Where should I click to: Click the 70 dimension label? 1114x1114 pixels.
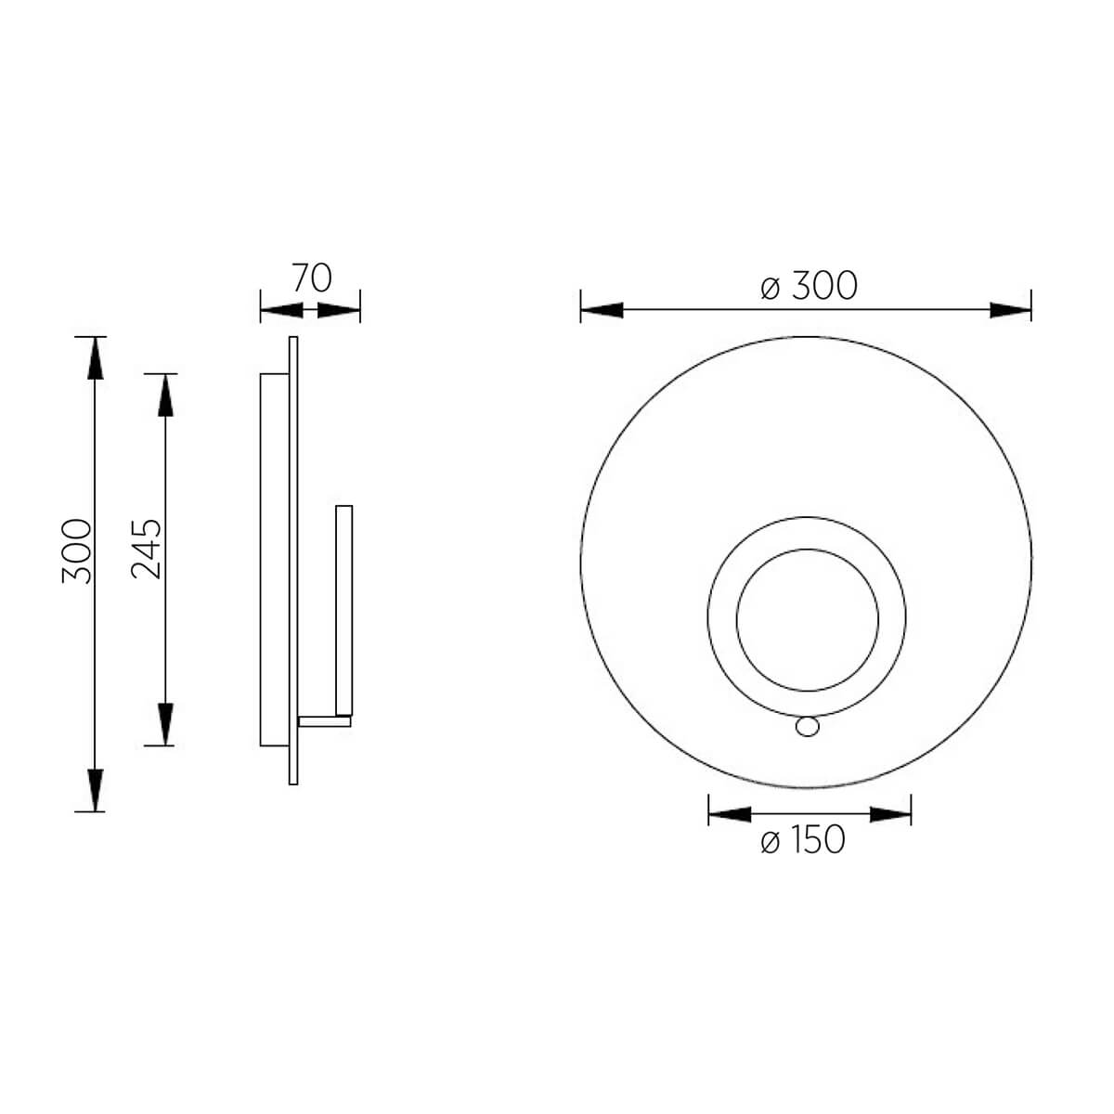pyautogui.click(x=312, y=278)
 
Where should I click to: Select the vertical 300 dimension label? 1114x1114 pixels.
pyautogui.click(x=77, y=551)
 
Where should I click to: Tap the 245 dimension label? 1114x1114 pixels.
pyautogui.click(x=147, y=550)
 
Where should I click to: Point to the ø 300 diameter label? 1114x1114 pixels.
pyautogui.click(x=809, y=286)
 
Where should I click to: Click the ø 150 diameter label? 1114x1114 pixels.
pyautogui.click(x=803, y=839)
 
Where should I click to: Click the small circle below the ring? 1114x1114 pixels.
pyautogui.click(x=807, y=727)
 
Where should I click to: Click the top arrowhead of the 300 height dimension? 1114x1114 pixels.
pyautogui.click(x=96, y=357)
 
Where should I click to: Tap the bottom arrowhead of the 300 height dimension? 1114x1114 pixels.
pyautogui.click(x=96, y=790)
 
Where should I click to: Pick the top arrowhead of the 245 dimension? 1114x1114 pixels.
pyautogui.click(x=166, y=395)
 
